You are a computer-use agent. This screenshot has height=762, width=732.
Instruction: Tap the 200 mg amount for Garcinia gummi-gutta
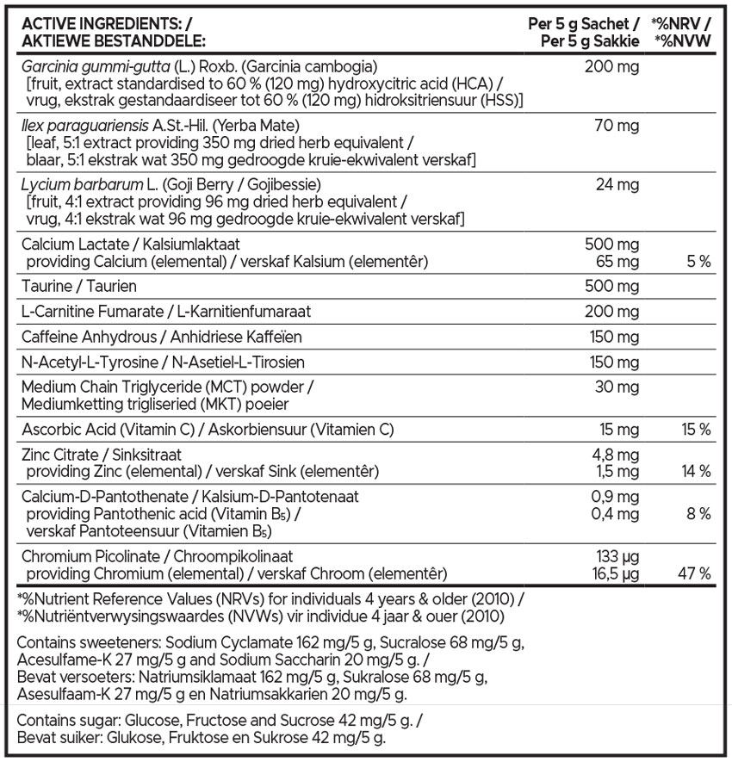[611, 67]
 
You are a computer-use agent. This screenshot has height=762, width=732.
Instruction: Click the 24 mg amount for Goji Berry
[617, 185]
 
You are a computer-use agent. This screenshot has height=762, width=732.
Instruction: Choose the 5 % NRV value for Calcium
[698, 262]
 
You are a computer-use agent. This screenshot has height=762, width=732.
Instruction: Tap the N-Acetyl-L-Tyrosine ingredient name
[84, 362]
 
